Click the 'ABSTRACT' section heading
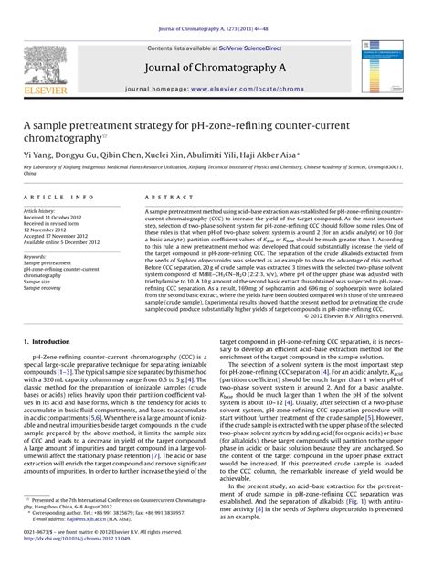(x=165, y=197)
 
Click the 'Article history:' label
(x=46, y=210)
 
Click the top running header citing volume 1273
(x=216, y=10)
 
